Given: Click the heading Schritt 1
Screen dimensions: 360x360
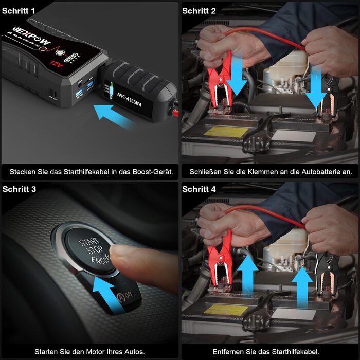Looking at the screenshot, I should click(19, 11).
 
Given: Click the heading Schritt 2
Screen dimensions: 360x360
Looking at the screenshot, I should click(199, 11).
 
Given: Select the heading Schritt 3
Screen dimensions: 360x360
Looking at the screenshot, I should click(19, 189).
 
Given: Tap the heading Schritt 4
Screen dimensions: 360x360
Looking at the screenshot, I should click(199, 189).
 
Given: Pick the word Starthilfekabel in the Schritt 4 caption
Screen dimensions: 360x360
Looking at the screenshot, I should click(290, 352).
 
